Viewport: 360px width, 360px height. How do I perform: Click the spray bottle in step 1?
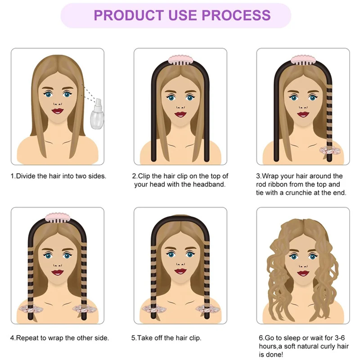[97, 114]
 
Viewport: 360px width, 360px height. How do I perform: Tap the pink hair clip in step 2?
[180, 60]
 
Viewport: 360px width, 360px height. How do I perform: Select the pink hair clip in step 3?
[303, 60]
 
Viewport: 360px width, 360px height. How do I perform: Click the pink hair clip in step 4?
[58, 218]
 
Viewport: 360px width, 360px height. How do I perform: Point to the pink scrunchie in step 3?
[329, 150]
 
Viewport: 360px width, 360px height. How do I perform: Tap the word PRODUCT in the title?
[129, 15]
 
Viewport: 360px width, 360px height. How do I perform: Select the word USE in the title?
[183, 15]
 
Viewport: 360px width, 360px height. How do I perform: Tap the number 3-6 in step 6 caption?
[340, 338]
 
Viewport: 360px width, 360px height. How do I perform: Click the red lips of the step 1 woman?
[58, 111]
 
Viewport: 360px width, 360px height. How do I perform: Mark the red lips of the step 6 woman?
[303, 274]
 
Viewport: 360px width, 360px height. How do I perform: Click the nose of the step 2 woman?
[180, 107]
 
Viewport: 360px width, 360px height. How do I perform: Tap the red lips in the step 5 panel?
[180, 271]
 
